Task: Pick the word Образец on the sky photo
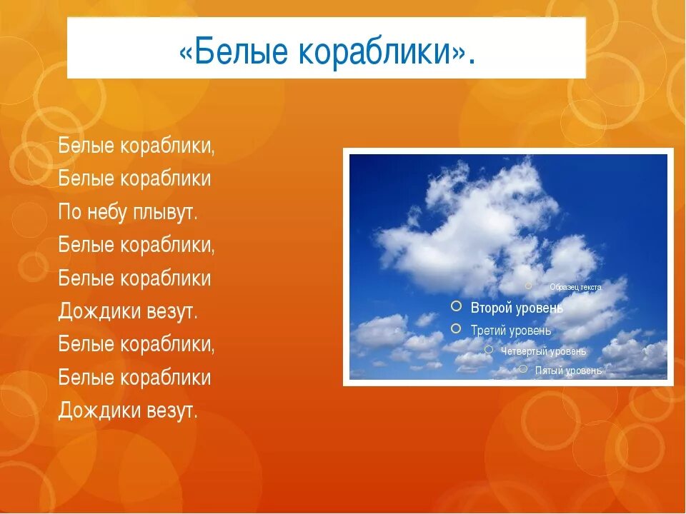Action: click(564, 287)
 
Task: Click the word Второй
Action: click(490, 308)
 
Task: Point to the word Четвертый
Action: click(524, 351)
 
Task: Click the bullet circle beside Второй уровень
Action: click(457, 306)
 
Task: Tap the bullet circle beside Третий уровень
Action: click(456, 328)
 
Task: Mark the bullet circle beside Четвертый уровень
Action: click(489, 350)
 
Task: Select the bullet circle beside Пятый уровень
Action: click(523, 369)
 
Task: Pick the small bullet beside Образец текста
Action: click(529, 286)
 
